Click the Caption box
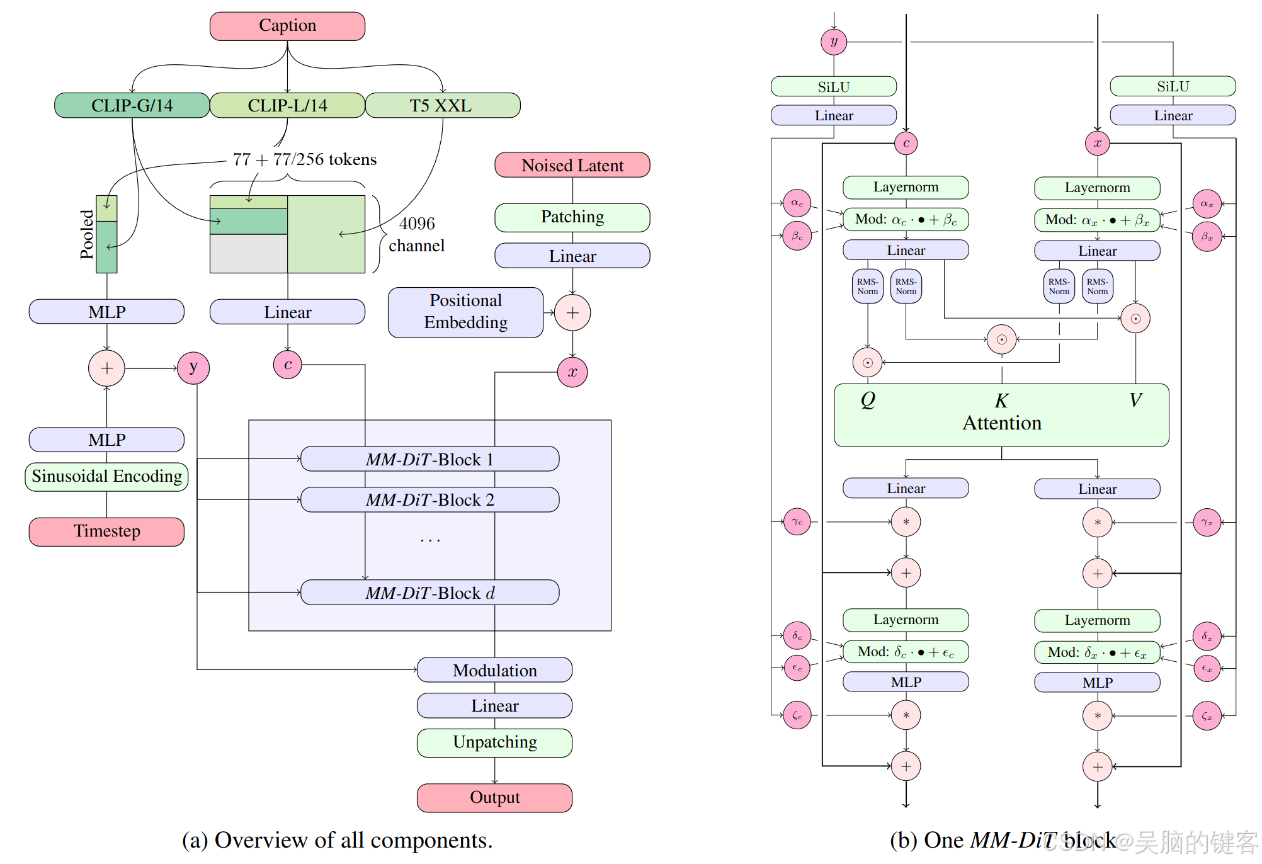[x=287, y=26]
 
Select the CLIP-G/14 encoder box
[x=132, y=105]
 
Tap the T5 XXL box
[x=443, y=105]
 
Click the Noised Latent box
[x=572, y=165]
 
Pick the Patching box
[x=572, y=217]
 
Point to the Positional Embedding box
[x=466, y=312]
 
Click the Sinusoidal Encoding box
[x=106, y=477]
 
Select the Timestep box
[x=106, y=531]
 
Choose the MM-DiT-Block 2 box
[x=430, y=500]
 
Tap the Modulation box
[x=495, y=670]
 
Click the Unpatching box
[x=495, y=742]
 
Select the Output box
[x=495, y=798]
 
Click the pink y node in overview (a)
[x=193, y=368]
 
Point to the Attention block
[x=1001, y=416]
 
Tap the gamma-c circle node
[x=797, y=521]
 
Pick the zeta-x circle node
[x=1207, y=716]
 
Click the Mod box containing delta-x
[x=1098, y=652]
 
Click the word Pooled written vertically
[x=87, y=234]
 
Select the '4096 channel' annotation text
[x=417, y=234]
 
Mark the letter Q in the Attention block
[x=868, y=400]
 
